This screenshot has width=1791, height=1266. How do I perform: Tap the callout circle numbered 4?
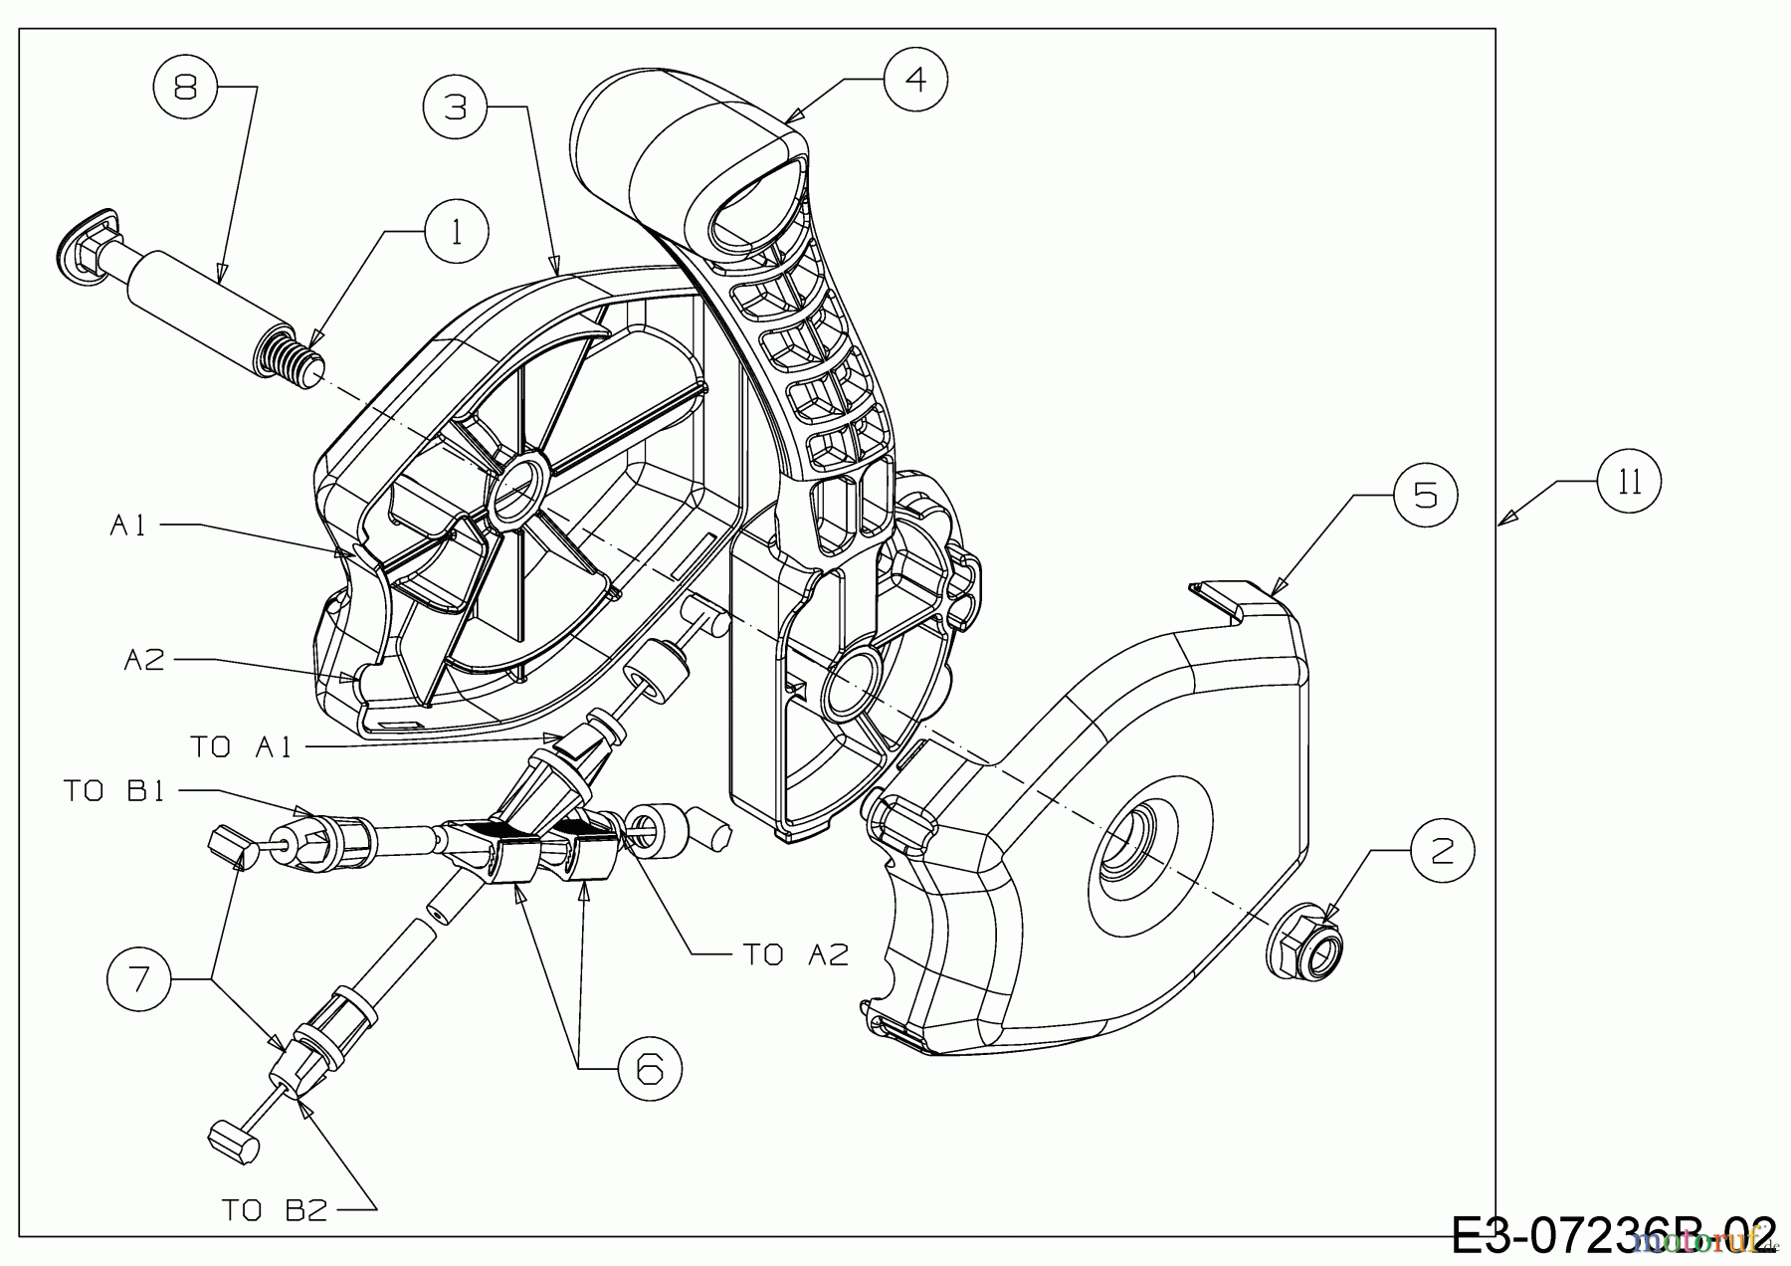point(915,78)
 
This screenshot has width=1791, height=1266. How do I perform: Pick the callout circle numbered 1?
point(457,232)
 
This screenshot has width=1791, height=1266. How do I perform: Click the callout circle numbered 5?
point(1425,495)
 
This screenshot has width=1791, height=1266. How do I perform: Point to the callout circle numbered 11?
point(1629,482)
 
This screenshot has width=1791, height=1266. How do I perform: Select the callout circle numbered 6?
point(649,1068)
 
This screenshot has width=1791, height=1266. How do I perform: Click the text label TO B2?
point(274,1210)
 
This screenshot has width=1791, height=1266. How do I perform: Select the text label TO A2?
point(796,954)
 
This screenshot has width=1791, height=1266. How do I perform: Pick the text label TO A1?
point(242,746)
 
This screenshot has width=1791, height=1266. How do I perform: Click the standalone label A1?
point(127,526)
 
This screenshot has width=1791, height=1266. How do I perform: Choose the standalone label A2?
point(144,660)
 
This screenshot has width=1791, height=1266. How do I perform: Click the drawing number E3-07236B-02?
point(1612,1236)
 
